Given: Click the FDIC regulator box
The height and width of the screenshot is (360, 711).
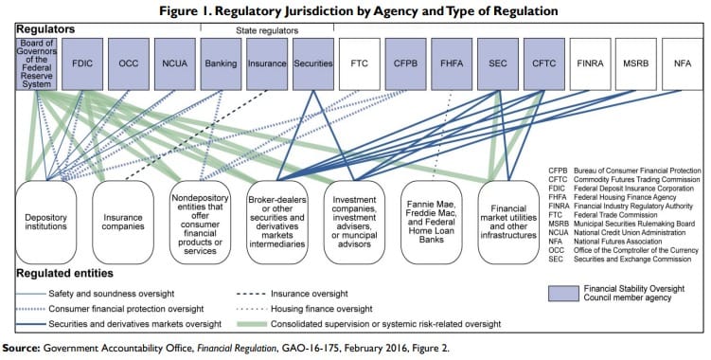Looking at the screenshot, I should coord(82,64).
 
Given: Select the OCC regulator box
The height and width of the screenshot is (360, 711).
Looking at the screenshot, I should coord(129,64).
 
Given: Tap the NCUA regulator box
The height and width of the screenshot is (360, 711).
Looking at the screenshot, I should coord(174,64).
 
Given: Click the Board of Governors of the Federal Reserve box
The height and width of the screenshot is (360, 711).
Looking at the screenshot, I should coord(37,64).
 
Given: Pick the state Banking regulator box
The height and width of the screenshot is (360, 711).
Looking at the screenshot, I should coord(221,64).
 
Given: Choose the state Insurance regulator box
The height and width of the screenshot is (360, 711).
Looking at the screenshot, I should coord(267,64).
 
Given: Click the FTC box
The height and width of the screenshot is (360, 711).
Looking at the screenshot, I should coord(359,64).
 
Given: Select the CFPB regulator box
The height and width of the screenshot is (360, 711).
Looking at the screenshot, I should coord(405,64).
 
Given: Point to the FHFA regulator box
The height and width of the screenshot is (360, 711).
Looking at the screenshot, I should coord(452,64).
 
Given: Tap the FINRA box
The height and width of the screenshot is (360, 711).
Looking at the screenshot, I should coord(590,64).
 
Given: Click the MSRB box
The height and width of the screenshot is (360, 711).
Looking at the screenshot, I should coord(636,64).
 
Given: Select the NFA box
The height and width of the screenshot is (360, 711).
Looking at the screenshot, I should coord(683,64).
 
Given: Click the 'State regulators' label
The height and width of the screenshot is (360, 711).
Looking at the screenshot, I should coord(266,30).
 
